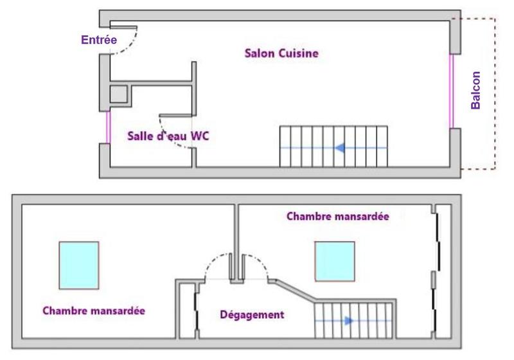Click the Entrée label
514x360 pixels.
click(99, 40)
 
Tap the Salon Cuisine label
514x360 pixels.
click(281, 53)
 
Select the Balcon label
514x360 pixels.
click(476, 90)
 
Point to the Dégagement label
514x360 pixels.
click(252, 315)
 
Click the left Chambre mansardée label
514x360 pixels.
click(94, 310)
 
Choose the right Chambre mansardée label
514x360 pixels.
click(337, 217)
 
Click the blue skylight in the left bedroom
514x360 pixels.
click(78, 265)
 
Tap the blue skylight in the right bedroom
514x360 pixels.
click(335, 261)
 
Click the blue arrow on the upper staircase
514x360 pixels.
click(341, 148)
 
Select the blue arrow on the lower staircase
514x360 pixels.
click(348, 320)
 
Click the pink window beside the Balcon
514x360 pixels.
click(453, 91)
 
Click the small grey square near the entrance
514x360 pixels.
click(119, 94)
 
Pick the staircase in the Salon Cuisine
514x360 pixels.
click(333, 147)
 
